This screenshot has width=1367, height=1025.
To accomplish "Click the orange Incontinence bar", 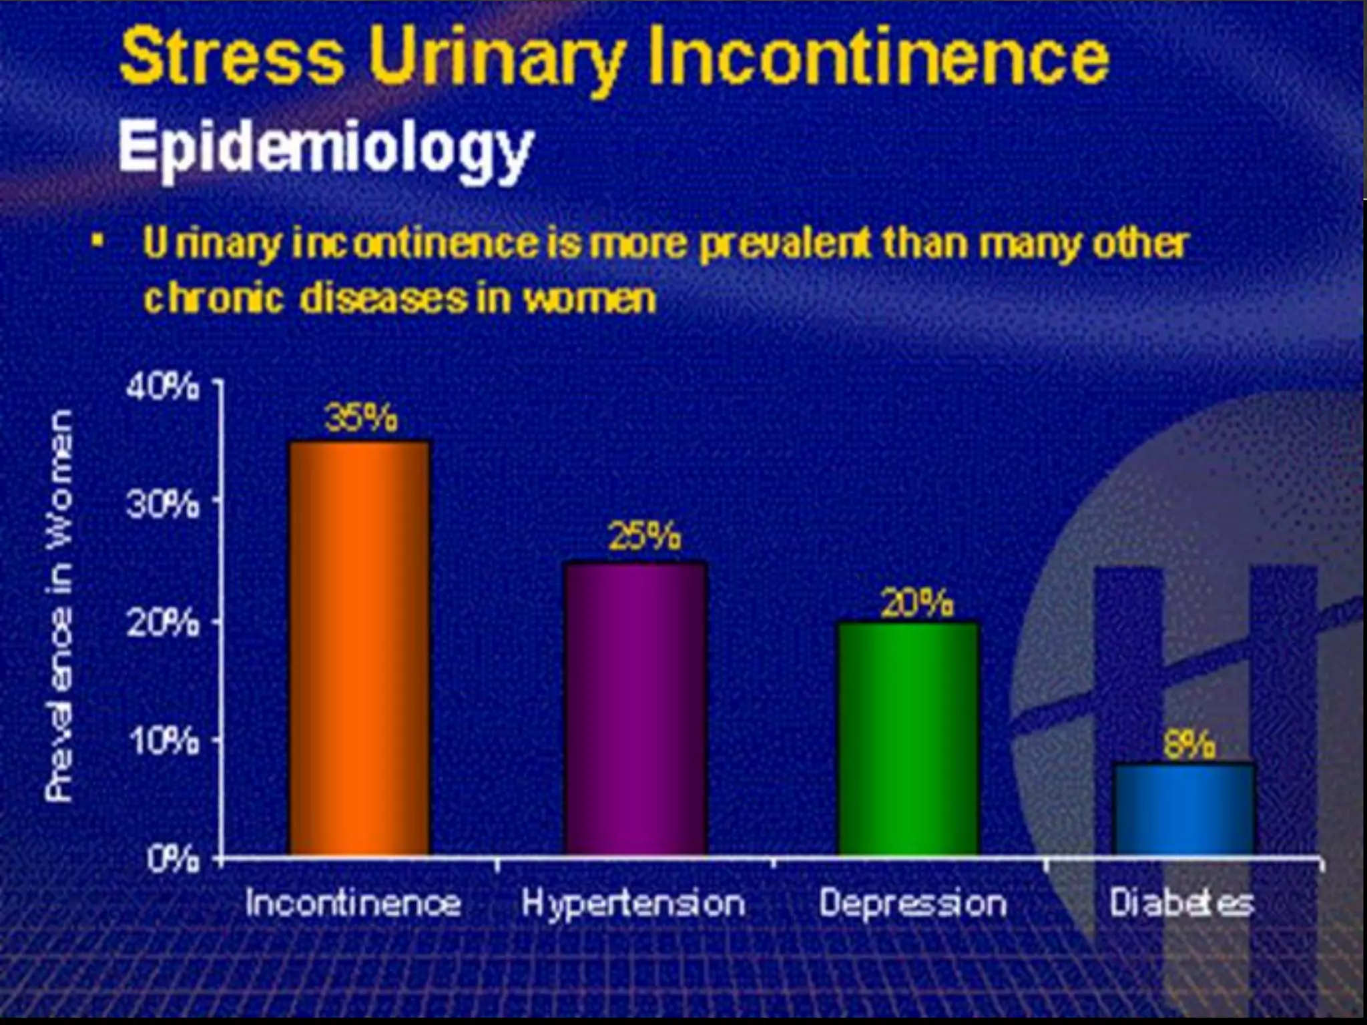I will click(360, 647).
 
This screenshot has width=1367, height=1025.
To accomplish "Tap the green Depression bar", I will click(909, 738).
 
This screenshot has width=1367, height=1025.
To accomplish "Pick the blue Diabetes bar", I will click(1184, 809).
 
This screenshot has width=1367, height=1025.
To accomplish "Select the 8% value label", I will click(1189, 745).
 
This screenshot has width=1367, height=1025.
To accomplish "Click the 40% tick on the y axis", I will click(162, 388).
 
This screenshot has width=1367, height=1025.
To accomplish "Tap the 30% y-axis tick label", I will click(162, 506).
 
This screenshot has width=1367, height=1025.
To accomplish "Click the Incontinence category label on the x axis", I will click(353, 904).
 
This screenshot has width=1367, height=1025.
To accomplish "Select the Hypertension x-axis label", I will click(633, 904).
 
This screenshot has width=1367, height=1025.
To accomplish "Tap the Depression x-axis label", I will click(912, 904).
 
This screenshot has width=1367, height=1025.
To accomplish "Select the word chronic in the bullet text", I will click(214, 298).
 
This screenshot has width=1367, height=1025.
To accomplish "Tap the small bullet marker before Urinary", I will click(98, 240).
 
